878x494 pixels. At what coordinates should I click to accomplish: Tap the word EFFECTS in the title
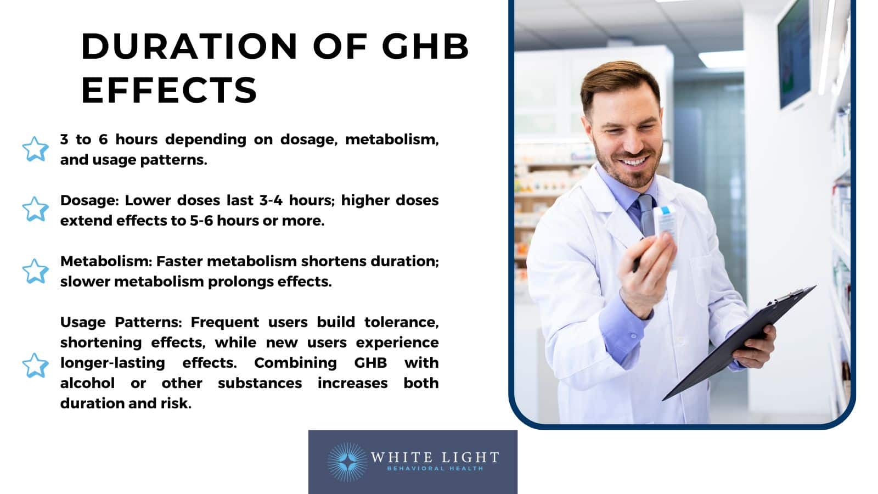coord(169,90)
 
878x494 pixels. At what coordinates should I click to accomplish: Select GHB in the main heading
coord(425,46)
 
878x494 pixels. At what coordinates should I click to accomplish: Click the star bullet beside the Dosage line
coord(35,209)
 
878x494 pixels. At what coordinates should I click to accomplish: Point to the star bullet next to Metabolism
coord(35,271)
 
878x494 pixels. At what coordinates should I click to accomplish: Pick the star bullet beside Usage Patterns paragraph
coord(35,365)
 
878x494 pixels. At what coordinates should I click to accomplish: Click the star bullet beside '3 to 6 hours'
coord(35,149)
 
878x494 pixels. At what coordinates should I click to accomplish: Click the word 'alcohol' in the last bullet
coord(87,383)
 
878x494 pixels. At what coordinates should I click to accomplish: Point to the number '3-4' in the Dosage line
coord(271,200)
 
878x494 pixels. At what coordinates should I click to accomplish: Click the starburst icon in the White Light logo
coord(347,462)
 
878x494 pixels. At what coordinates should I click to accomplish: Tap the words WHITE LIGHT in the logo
coord(435,457)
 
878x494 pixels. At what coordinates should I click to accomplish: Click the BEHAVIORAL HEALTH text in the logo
coord(435,469)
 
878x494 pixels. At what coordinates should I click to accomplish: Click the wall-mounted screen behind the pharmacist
coord(794,55)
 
